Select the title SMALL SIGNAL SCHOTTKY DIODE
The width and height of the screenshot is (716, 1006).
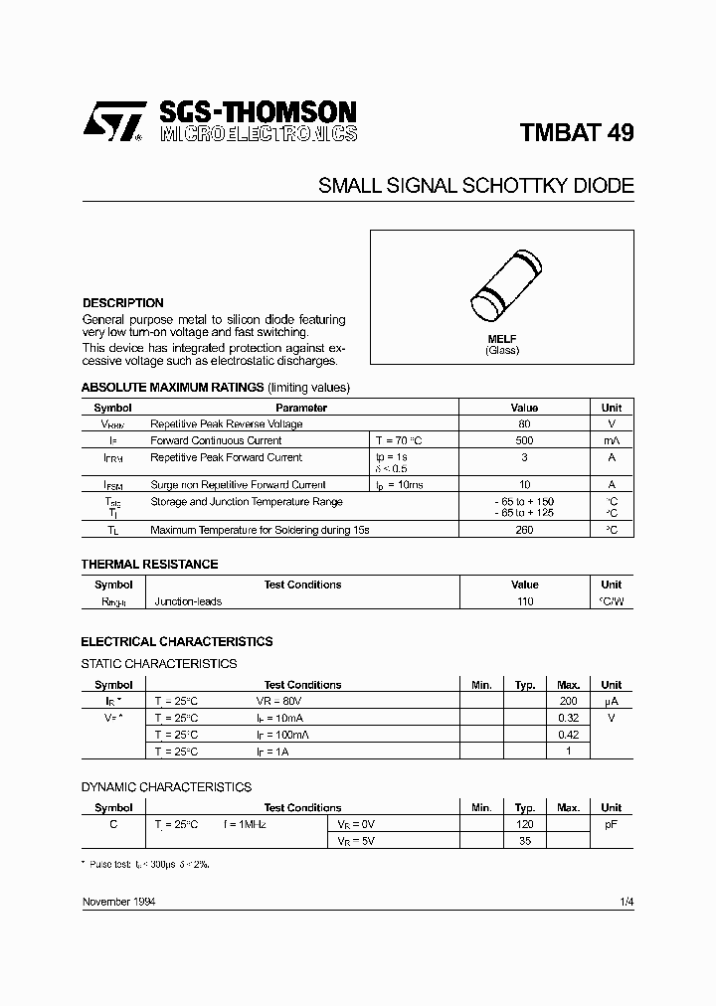point(475,186)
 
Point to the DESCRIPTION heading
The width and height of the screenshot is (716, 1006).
point(122,303)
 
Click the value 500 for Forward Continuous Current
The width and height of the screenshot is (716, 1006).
point(524,440)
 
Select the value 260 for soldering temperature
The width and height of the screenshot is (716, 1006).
point(524,530)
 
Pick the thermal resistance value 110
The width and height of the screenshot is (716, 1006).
point(524,601)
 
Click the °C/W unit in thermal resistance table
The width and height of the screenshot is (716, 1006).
point(611,601)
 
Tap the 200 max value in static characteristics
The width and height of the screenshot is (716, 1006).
point(569,701)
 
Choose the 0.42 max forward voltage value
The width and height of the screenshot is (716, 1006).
point(569,735)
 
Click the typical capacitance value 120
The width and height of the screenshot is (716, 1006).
point(525,824)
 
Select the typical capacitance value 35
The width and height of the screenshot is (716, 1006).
point(525,841)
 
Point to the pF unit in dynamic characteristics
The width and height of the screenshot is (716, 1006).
point(611,824)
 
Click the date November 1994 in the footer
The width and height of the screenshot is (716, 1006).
point(117,901)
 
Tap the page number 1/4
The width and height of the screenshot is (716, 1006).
point(626,901)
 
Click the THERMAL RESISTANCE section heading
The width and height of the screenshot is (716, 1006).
point(149,565)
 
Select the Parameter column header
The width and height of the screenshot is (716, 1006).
point(300,408)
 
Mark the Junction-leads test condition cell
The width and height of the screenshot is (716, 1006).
point(188,601)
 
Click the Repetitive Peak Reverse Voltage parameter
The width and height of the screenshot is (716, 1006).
point(226,423)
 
